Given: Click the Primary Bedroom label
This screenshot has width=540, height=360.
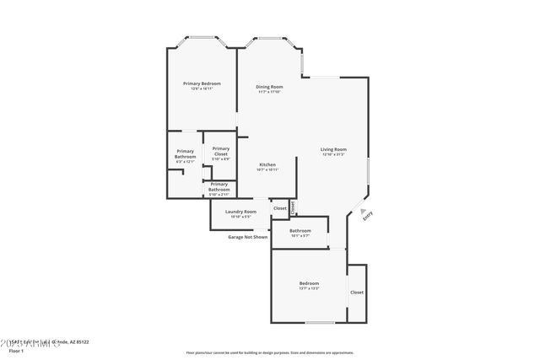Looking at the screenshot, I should [202, 83].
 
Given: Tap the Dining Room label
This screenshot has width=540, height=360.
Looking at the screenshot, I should [269, 87].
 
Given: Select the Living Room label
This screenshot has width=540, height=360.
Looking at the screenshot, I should [334, 149].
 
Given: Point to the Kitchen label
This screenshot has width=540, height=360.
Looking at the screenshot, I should [267, 164].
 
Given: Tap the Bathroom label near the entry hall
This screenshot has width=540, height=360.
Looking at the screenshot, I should [300, 230].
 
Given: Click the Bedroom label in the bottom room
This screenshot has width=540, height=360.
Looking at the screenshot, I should [309, 282].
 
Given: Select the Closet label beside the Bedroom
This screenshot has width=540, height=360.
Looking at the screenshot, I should [357, 292].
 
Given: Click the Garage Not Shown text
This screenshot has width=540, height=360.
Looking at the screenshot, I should [248, 237].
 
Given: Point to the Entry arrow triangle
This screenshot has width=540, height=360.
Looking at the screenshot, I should [363, 212].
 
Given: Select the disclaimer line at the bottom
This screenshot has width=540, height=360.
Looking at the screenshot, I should [270, 352].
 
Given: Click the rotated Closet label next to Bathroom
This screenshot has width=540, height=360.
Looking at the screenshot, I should [293, 206].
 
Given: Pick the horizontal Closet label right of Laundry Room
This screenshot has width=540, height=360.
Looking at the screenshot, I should [279, 207].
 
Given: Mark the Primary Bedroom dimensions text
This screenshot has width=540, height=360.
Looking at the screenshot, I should [202, 89].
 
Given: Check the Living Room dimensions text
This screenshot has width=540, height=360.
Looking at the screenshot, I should [334, 154].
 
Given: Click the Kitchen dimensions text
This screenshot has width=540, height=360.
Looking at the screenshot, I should [267, 169].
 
